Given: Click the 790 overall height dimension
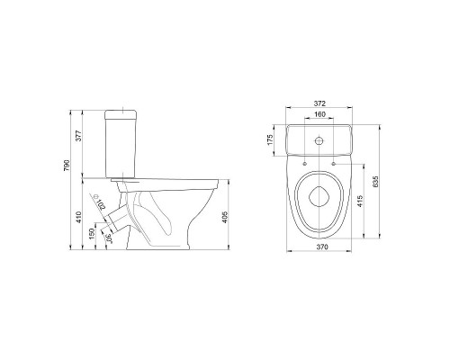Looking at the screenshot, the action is pos(67,166).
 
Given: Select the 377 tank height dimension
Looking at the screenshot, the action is pos(78,136).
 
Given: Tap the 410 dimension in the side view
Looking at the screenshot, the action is pos(78,217).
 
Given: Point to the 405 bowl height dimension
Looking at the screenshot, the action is pos(225,217).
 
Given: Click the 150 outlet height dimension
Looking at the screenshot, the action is pos(92,234).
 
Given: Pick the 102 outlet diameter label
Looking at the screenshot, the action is pos(101,204).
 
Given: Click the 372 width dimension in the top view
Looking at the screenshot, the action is pos(319,103).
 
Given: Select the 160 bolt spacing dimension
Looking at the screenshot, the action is pos(319,114).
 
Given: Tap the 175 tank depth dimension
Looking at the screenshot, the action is pos(270,140).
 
